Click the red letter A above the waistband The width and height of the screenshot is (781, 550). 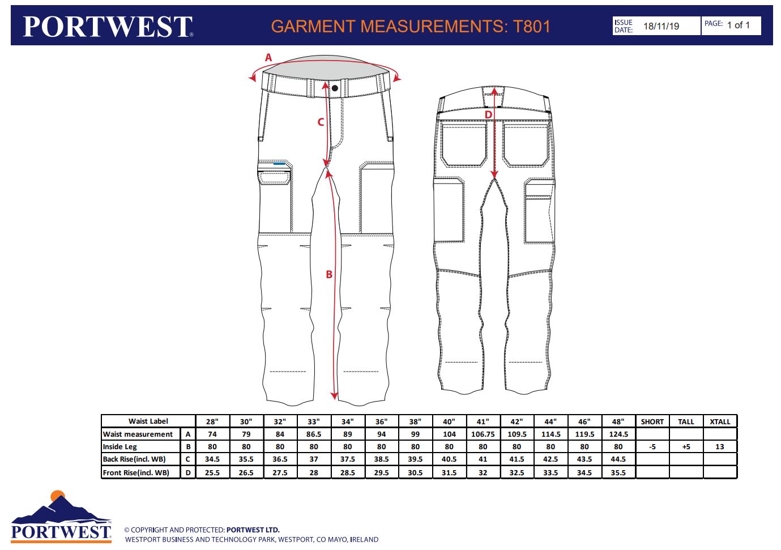pos(268,57)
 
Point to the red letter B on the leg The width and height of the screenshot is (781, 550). pos(329,275)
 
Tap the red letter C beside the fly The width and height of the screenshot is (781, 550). pos(321,122)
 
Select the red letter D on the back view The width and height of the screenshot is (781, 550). pos(488,115)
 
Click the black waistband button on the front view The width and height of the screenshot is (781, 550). pos(335,88)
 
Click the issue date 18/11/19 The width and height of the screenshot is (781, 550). pos(661,26)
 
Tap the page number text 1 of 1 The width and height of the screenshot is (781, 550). pos(738,25)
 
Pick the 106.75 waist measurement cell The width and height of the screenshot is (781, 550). pos(483,434)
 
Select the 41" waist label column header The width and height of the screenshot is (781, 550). pos(483,421)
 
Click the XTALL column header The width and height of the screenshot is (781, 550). pos(720,421)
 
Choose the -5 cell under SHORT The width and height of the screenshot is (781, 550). pos(652,447)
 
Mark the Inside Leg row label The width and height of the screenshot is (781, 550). pos(120,447)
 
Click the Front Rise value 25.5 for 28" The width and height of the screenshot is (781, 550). pos(212,473)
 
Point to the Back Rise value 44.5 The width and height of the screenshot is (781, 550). pos(618,459)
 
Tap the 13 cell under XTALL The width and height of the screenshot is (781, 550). pos(720,447)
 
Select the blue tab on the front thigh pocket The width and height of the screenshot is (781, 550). pos(279,164)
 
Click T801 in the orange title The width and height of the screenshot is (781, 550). pos(531,27)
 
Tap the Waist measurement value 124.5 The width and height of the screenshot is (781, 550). pos(618,434)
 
